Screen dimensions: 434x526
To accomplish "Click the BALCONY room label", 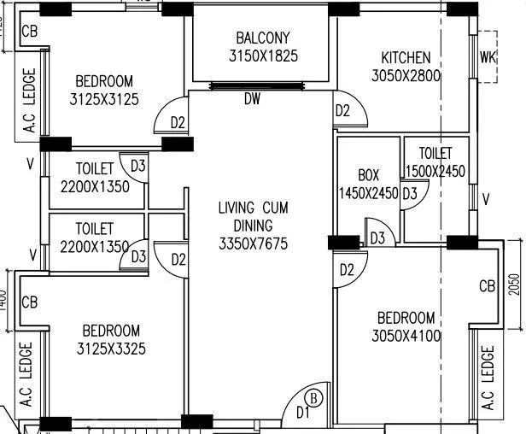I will coord(263,38).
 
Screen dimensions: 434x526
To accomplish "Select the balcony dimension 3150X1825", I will coord(263,56).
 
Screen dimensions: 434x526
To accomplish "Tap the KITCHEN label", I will coord(406,58).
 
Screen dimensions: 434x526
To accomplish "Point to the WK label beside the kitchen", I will coord(488,58).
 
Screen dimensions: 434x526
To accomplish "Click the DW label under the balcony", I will coord(252,100).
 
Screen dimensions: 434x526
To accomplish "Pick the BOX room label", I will coord(368,175).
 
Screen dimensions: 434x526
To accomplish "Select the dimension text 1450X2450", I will coord(368,193).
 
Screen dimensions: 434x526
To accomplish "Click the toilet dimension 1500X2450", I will coord(435,172).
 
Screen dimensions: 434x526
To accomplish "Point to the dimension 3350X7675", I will coord(253,244).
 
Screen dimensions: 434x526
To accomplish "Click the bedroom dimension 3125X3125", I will coord(104,100).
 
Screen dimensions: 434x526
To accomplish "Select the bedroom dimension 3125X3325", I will coord(111,349).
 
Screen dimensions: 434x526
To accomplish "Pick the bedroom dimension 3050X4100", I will coord(406,336).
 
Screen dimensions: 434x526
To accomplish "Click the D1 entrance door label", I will coord(301,413).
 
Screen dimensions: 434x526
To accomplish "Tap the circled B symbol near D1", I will coord(313,397).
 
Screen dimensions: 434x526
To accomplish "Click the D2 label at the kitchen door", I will coord(342,110).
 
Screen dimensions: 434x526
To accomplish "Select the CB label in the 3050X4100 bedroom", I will coord(488,285).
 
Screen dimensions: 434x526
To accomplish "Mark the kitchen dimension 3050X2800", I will coord(406,76).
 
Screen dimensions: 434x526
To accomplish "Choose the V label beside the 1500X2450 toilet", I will coord(486,200).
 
